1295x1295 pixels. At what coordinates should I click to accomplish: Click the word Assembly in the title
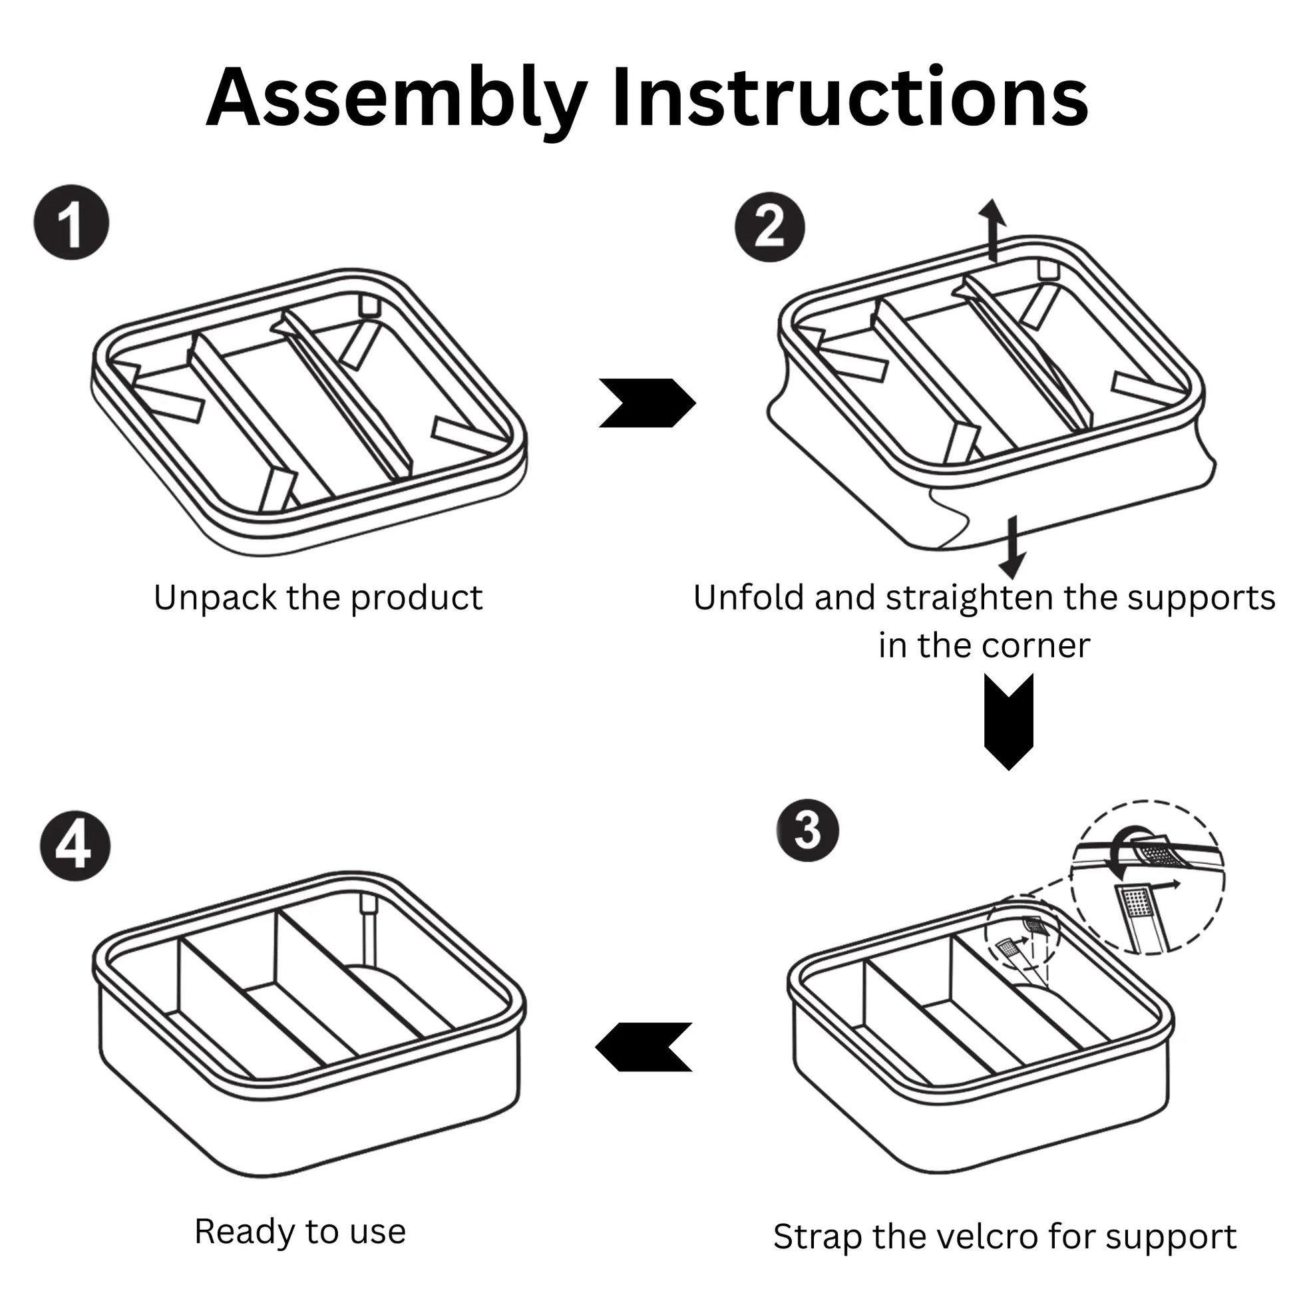395,98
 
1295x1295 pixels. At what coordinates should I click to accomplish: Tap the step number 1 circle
71,222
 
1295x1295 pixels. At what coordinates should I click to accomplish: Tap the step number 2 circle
769,226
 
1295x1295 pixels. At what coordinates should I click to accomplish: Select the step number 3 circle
807,831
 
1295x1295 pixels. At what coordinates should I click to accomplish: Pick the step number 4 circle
75,846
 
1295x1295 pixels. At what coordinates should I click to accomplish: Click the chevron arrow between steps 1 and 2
647,403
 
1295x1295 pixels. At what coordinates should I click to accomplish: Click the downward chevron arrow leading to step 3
1008,721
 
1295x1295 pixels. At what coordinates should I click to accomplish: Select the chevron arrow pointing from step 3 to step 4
644,1046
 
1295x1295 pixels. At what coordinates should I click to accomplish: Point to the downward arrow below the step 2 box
1012,546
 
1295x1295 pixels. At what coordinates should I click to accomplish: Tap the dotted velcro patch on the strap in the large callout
1135,904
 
